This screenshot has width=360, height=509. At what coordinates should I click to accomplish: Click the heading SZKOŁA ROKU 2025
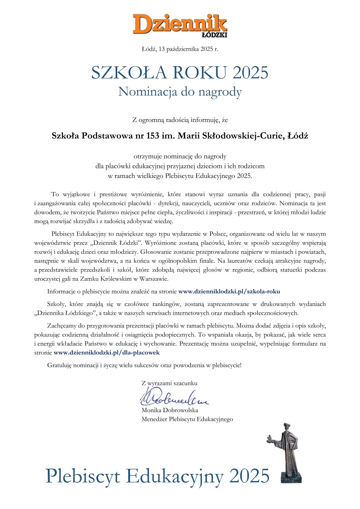click(x=180, y=73)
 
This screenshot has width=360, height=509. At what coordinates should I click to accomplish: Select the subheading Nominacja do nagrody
click(x=180, y=92)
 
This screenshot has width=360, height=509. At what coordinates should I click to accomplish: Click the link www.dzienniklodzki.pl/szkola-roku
click(x=229, y=291)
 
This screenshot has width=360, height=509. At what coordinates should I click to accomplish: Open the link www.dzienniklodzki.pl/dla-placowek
click(x=106, y=352)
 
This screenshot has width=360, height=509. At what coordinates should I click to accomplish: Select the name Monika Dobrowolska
click(x=169, y=410)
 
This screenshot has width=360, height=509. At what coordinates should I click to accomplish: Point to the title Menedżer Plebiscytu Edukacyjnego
click(x=187, y=419)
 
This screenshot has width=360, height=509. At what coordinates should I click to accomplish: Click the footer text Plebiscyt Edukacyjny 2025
click(x=157, y=475)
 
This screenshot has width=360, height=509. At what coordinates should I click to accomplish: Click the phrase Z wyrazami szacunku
click(x=169, y=383)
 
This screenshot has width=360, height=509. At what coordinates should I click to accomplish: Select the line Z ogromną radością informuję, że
click(x=180, y=120)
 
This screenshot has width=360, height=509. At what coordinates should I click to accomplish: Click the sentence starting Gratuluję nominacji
click(x=144, y=365)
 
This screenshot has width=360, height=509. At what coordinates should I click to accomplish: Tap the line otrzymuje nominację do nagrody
click(x=180, y=156)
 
